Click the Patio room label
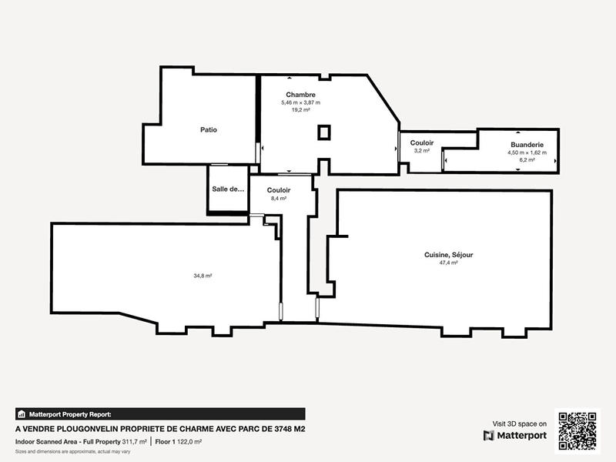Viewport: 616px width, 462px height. tap(208, 130)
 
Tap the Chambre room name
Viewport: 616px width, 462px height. tap(300, 95)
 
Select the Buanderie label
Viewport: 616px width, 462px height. tap(527, 145)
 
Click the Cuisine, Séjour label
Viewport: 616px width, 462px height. tap(448, 255)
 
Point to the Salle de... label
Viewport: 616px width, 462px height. tap(227, 189)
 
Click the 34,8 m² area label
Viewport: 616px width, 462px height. tap(203, 276)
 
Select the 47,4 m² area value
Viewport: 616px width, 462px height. tap(448, 263)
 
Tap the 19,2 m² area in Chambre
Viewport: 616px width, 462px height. tap(300, 110)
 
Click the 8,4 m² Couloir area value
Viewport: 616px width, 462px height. tap(278, 198)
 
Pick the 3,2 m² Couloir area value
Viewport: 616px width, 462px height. tap(421, 151)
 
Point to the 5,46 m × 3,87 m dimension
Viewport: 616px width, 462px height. tap(300, 102)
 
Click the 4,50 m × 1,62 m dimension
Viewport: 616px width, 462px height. tap(527, 152)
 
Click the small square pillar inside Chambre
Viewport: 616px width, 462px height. tap(325, 133)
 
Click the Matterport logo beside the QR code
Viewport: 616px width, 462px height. tap(515, 436)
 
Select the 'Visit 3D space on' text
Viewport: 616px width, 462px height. tap(520, 423)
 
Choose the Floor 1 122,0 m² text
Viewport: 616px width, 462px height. tap(178, 442)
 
